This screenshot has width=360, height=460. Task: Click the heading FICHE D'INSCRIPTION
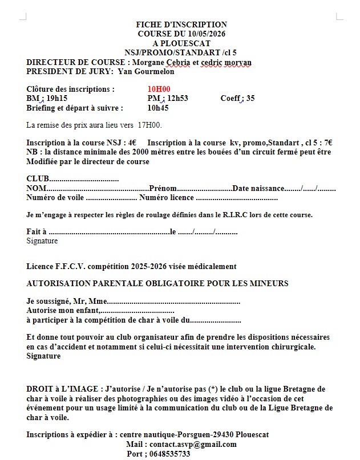[181, 25]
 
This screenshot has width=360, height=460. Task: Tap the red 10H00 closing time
[159, 89]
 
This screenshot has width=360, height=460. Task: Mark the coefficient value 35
[250, 99]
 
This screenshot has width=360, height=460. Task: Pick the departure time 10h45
[158, 108]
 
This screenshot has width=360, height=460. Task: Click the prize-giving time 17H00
[150, 125]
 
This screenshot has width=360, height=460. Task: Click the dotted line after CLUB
[84, 180]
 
